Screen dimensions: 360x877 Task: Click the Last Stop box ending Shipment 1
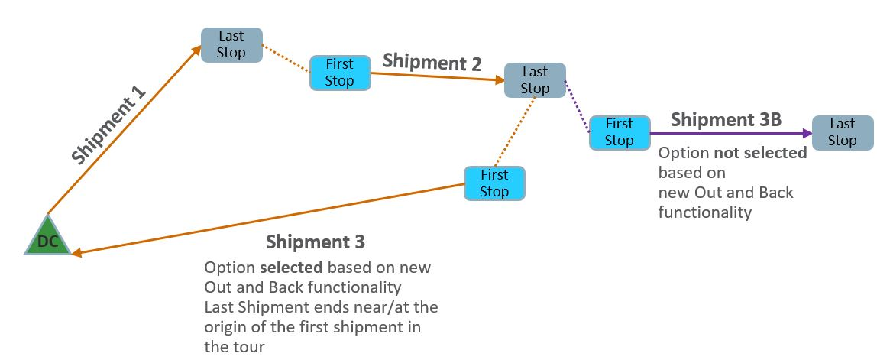(231, 44)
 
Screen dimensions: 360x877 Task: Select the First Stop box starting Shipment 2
(340, 73)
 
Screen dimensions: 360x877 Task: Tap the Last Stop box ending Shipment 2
(535, 80)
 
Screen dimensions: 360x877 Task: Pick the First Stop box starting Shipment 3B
(619, 132)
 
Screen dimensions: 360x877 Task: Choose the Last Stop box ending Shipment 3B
(842, 132)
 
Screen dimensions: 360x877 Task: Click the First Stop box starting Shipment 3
(494, 183)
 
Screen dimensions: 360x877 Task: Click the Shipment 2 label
(432, 62)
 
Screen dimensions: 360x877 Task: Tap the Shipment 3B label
(725, 120)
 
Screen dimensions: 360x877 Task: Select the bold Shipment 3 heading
(315, 242)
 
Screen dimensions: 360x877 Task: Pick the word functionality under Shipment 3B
(704, 212)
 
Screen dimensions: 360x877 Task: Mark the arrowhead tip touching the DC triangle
(73, 255)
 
